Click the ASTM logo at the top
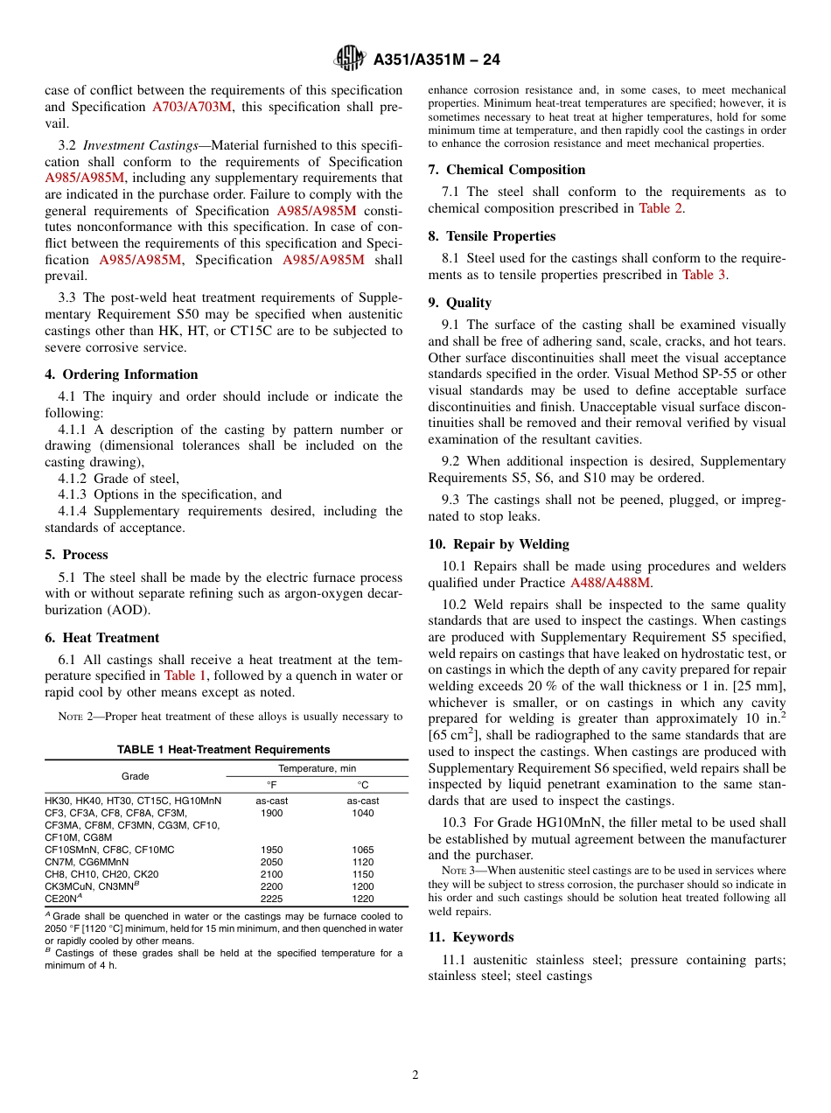pyautogui.click(x=350, y=59)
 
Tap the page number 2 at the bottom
pyautogui.click(x=415, y=1075)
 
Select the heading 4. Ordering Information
pyautogui.click(x=122, y=374)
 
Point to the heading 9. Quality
pyautogui.click(x=459, y=303)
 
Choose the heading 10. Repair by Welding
pyautogui.click(x=499, y=544)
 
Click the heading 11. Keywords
pyautogui.click(x=471, y=937)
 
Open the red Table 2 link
pyautogui.click(x=660, y=208)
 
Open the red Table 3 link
pyautogui.click(x=703, y=275)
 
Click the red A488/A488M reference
pyautogui.click(x=610, y=583)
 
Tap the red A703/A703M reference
pyautogui.click(x=192, y=107)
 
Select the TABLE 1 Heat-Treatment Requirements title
pyautogui.click(x=224, y=750)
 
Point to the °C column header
pyautogui.click(x=362, y=785)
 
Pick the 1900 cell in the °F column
pyautogui.click(x=272, y=813)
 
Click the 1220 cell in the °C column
pyautogui.click(x=362, y=899)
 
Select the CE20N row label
pyautogui.click(x=64, y=899)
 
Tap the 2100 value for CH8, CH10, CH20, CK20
pyautogui.click(x=272, y=874)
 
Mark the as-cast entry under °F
pyautogui.click(x=272, y=801)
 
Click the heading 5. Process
pyautogui.click(x=76, y=555)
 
